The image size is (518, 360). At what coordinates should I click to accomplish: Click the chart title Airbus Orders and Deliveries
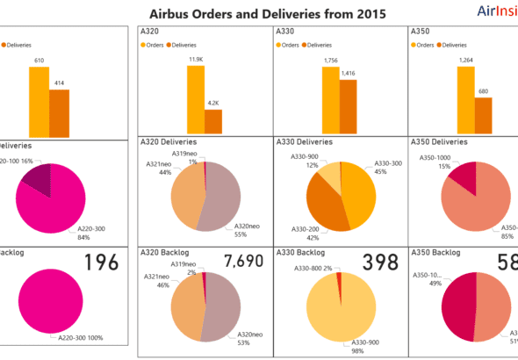click(255, 13)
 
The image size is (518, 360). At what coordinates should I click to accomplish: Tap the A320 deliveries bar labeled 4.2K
click(213, 122)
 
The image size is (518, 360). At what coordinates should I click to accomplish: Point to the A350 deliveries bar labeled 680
click(482, 117)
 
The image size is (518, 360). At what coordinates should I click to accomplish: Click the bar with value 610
click(39, 102)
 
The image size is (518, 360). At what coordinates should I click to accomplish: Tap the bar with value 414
click(59, 113)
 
